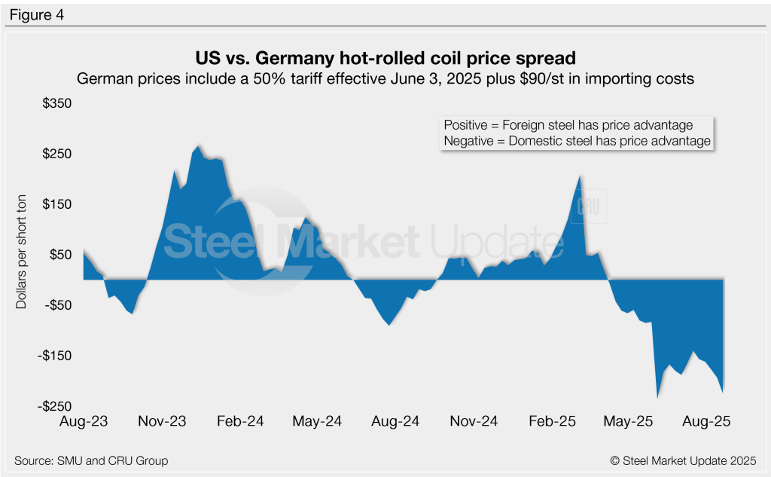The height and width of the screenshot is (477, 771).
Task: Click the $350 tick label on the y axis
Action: pyautogui.click(x=54, y=103)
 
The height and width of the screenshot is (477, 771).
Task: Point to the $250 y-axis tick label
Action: pyautogui.click(x=54, y=154)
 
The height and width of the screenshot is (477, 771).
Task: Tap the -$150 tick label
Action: pyautogui.click(x=52, y=356)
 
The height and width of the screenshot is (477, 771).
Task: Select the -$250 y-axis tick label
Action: pyautogui.click(x=52, y=406)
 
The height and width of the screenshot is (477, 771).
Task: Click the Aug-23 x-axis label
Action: pyautogui.click(x=83, y=422)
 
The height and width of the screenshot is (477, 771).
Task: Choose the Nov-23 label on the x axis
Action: pyautogui.click(x=161, y=422)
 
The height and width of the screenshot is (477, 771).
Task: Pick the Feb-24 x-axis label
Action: pyautogui.click(x=239, y=422)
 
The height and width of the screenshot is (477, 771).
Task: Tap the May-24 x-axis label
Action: pyautogui.click(x=317, y=422)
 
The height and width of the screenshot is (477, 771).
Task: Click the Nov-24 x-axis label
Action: pyautogui.click(x=474, y=422)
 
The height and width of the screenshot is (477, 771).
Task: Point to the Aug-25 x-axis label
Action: pyautogui.click(x=705, y=422)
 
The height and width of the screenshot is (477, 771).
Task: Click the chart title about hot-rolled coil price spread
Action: pyautogui.click(x=385, y=58)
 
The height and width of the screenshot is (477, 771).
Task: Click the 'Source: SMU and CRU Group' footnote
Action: pyautogui.click(x=91, y=460)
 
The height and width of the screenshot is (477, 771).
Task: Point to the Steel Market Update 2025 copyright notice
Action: pyautogui.click(x=683, y=460)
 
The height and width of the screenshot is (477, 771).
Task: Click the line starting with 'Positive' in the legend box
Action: pyautogui.click(x=568, y=125)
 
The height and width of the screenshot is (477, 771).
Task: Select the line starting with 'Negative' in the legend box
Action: pyautogui.click(x=577, y=141)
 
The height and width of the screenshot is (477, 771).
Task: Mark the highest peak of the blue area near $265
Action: pyautogui.click(x=199, y=146)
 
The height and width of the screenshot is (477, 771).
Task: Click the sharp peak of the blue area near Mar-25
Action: pyautogui.click(x=580, y=176)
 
